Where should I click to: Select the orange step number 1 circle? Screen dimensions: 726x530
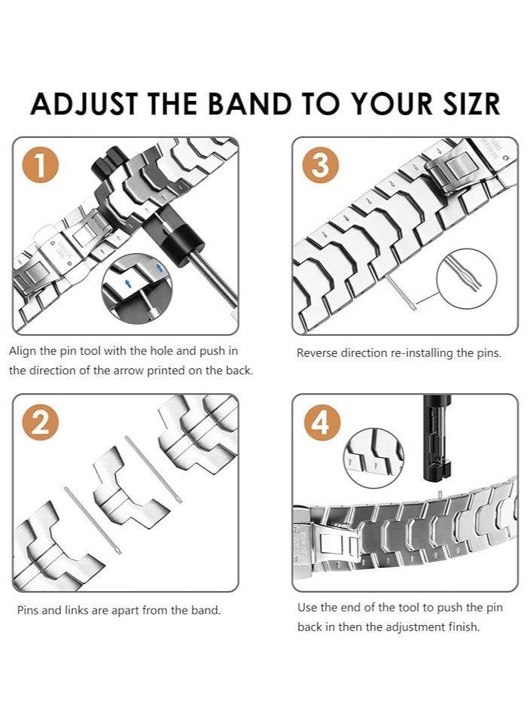coord(41,166)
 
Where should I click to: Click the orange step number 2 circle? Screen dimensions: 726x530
coord(41,424)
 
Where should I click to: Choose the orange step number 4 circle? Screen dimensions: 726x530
coord(321,424)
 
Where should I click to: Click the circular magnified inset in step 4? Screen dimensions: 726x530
coord(373,459)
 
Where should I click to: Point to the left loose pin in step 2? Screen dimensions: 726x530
coord(92,520)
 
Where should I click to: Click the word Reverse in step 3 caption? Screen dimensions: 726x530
coord(318,352)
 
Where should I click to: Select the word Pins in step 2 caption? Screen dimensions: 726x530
coord(29,610)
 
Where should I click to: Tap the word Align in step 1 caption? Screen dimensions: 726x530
coord(23,351)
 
